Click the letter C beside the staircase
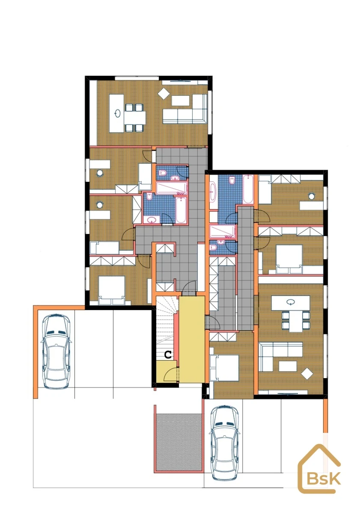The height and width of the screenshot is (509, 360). (x=168, y=355)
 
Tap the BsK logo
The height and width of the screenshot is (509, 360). (x=319, y=469)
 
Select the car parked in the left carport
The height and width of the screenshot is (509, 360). (x=56, y=352)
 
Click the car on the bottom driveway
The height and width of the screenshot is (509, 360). (x=224, y=442)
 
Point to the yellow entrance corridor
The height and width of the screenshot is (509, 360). (x=192, y=339)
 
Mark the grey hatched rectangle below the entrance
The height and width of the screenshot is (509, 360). (x=179, y=442)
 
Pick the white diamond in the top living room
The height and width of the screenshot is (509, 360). (x=164, y=94)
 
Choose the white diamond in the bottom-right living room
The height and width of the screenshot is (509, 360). (x=307, y=374)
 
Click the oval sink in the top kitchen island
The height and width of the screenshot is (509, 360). (x=118, y=114)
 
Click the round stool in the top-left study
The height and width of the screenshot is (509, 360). (x=100, y=173)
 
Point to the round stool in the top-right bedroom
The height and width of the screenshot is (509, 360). (x=312, y=196)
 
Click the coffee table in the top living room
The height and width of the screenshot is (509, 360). (x=181, y=101)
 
